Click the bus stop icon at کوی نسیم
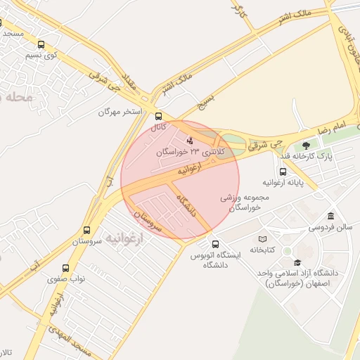[x=40, y=44]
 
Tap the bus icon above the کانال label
[x=158, y=117]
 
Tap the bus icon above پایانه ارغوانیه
[x=283, y=172]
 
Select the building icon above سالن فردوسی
[x=330, y=216]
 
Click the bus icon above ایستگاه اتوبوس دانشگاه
[x=215, y=244]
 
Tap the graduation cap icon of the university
[x=297, y=262]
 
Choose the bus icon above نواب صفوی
[x=65, y=268]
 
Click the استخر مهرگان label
[x=120, y=112]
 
